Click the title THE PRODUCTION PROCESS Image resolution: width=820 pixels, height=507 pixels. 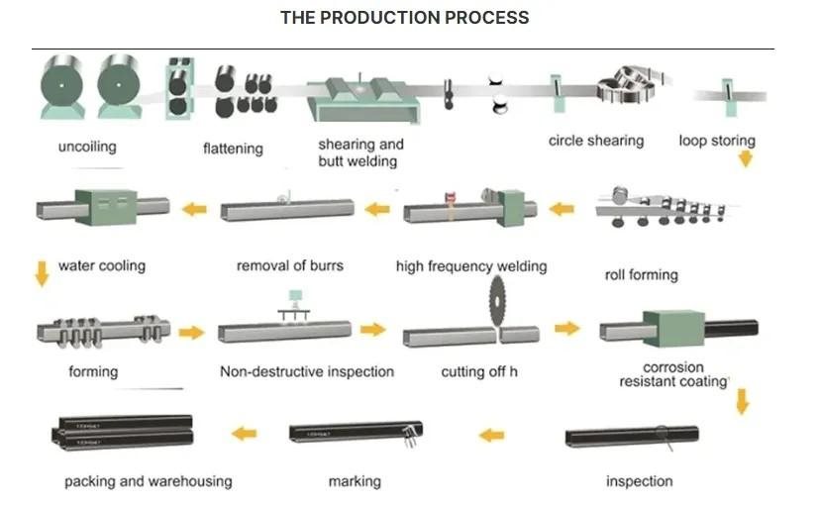[x=404, y=17]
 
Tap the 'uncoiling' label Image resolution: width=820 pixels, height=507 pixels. [x=87, y=147]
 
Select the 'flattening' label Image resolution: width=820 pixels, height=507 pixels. [x=233, y=149]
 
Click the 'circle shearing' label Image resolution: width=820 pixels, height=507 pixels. [x=596, y=141]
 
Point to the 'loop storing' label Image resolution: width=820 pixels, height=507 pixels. [x=717, y=141]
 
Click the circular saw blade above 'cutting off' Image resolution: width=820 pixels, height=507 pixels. [x=497, y=301]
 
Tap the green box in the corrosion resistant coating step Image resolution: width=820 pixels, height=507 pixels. [x=673, y=328]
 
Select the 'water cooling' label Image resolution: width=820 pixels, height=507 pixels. [x=102, y=265]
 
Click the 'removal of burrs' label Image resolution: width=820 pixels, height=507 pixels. [x=290, y=265]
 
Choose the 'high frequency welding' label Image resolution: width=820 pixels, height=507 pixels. [x=471, y=266]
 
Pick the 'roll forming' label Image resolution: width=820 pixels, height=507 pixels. [x=641, y=275]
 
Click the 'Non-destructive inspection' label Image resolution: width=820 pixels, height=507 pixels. [x=307, y=371]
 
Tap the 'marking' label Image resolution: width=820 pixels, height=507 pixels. [x=355, y=481]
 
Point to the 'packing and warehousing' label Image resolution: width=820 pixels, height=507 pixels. [x=149, y=481]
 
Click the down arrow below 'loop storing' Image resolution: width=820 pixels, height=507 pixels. [x=746, y=158]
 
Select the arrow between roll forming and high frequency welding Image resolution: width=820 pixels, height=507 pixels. [x=562, y=210]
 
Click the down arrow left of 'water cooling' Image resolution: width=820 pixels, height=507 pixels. [x=42, y=274]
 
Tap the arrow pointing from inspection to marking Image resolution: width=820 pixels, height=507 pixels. [x=491, y=435]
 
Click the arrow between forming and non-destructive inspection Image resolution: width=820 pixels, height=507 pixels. [x=191, y=333]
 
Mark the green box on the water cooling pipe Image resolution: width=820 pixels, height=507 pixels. [x=106, y=208]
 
